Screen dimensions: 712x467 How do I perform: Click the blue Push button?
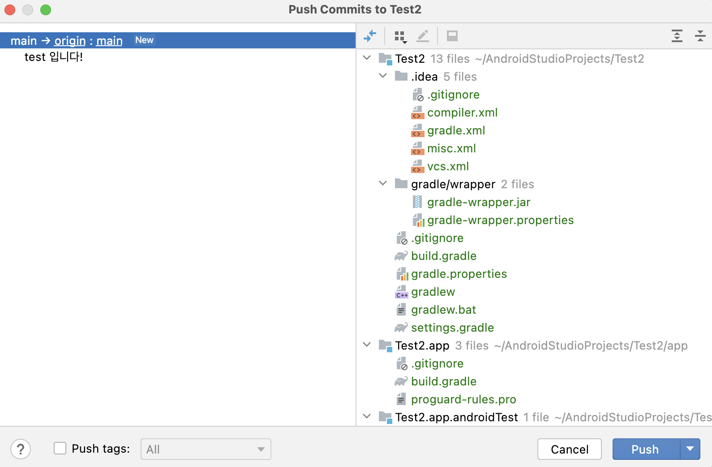645,449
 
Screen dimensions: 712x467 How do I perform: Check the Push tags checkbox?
60,449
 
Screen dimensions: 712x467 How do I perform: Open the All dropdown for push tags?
206,449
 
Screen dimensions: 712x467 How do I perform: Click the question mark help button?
21,449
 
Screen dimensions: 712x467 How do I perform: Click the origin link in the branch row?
70,41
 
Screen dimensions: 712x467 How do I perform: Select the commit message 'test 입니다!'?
54,57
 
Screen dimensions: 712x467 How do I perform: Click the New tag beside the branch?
144,40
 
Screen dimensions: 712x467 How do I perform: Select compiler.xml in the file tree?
462,112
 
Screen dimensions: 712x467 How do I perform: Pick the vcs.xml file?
448,166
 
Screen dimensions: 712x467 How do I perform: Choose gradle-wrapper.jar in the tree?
478,202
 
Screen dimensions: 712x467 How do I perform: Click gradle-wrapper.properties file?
500,220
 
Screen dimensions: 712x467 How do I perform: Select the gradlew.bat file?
443,310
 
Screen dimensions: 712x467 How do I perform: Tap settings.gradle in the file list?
452,328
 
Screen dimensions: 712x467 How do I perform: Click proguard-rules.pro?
463,399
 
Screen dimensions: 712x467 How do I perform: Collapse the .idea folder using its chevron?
383,76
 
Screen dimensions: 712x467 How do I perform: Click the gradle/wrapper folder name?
453,184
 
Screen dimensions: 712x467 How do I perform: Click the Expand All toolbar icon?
677,36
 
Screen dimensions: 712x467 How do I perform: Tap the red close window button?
10,9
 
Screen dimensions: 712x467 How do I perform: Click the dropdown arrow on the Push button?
690,449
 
